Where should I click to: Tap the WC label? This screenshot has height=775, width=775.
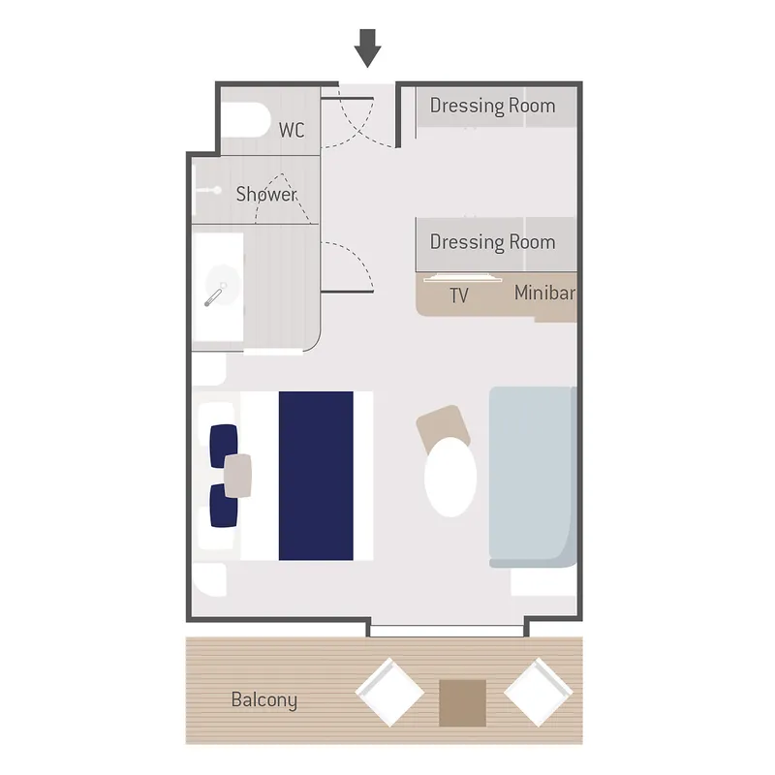292,130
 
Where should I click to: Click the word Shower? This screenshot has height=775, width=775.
266,194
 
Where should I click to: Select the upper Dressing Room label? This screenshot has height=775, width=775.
492,106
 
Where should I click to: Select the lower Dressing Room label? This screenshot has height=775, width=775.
492,241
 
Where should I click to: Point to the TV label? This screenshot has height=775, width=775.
459,295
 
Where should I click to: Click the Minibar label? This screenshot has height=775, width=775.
545,293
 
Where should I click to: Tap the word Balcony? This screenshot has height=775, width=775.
263,699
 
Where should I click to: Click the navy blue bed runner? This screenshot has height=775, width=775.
316,476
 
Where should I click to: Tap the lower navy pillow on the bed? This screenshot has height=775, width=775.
224,506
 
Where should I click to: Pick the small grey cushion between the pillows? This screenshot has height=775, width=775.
238,475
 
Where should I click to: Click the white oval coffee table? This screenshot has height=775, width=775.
450,477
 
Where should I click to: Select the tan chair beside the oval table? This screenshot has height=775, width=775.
443,427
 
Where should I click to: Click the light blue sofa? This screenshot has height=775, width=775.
533,476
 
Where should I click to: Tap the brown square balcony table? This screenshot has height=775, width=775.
462,702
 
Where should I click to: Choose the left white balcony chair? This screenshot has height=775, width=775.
389,692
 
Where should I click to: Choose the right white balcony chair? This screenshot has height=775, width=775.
538,692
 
